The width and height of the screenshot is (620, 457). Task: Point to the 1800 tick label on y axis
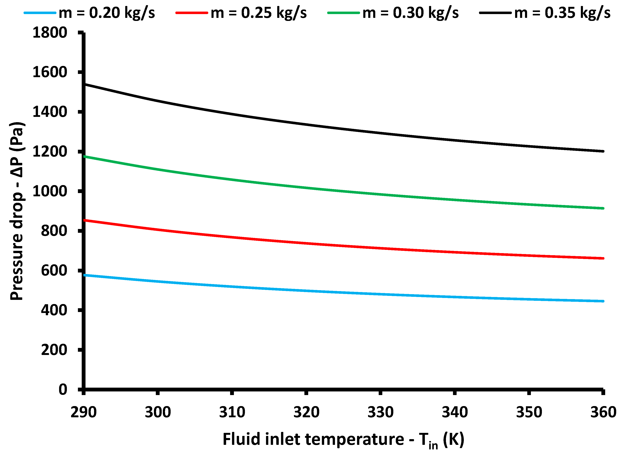pos(50,33)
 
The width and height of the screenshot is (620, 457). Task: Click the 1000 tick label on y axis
pos(50,191)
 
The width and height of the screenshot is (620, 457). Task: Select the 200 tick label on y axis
pos(54,350)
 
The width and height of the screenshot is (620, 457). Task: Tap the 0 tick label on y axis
pos(63,390)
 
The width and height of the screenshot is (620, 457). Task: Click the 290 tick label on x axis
pos(84,412)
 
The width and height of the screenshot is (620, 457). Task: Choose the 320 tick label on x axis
pos(306,412)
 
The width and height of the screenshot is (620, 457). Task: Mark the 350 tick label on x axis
pos(529,412)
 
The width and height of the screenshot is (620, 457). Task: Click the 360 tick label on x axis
pos(603,412)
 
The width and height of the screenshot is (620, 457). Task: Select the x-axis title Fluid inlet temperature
pos(343,440)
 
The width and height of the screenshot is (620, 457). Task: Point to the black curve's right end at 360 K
pos(603,151)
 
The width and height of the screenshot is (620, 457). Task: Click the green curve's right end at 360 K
pos(603,208)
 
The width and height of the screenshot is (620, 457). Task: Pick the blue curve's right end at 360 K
pos(603,301)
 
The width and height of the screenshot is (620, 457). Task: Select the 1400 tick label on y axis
pos(50,112)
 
